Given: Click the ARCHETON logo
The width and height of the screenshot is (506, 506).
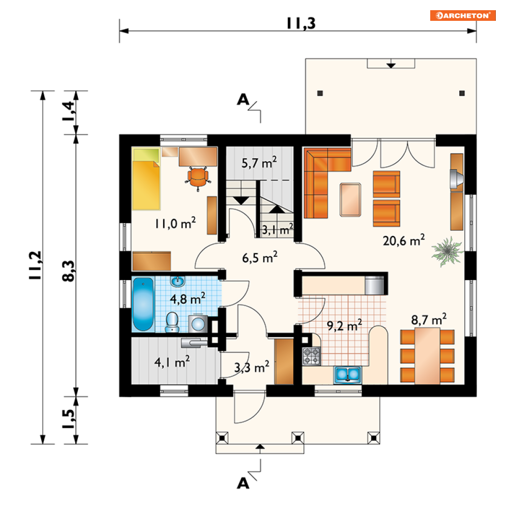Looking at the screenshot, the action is [462, 15].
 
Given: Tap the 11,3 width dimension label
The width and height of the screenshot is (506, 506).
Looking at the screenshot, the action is [301, 23].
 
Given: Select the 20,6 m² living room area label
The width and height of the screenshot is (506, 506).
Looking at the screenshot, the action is [404, 241].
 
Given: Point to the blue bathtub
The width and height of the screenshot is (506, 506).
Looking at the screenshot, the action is [143, 304].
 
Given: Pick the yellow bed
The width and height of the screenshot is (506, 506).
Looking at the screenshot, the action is [146, 179].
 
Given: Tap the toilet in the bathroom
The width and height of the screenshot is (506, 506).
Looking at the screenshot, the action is [172, 322].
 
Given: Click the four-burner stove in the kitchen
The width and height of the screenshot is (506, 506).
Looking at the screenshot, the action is [311, 356].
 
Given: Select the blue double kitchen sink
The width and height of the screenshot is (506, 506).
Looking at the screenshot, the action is [347, 375].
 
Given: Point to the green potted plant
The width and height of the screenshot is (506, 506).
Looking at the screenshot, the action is [447, 251].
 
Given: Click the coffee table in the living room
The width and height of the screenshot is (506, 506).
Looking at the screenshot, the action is [350, 200].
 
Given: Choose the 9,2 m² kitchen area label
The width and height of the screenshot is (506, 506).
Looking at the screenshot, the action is [344, 325].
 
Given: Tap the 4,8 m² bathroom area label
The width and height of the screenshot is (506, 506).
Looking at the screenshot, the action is [188, 299].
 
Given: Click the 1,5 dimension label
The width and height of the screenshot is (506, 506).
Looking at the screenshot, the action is [69, 419].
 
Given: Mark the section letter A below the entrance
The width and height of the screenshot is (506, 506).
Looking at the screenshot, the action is [243, 484].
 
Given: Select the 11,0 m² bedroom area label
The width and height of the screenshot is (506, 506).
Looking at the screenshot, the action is [175, 223].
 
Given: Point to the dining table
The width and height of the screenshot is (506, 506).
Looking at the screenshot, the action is [427, 356].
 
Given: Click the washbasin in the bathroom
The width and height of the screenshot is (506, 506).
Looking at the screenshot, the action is [178, 281].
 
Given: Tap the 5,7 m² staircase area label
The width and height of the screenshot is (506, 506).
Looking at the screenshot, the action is [259, 163].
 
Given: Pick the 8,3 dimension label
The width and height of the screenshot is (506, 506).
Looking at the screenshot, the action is [69, 271].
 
